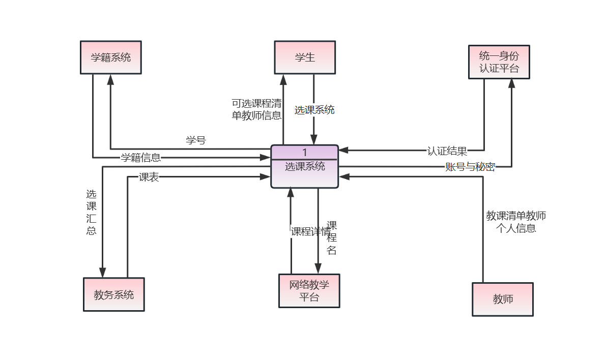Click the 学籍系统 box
click(x=110, y=57)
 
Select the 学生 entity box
click(x=305, y=57)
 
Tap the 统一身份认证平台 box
click(x=499, y=62)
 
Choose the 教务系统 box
click(x=114, y=294)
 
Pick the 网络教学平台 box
click(x=309, y=291)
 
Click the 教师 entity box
click(x=502, y=299)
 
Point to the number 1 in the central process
click(x=305, y=152)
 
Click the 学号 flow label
click(x=196, y=140)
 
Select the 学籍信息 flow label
click(x=141, y=158)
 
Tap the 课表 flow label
click(x=149, y=177)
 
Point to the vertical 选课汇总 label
click(x=91, y=212)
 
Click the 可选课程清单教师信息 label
click(x=256, y=109)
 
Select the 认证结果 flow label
click(x=447, y=151)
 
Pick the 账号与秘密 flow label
click(x=470, y=167)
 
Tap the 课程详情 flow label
click(x=310, y=231)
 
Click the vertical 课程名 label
click(x=332, y=237)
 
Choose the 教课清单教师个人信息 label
click(x=516, y=222)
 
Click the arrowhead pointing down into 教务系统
click(x=102, y=273)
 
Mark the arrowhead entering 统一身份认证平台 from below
click(x=511, y=84)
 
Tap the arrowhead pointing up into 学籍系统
click(x=110, y=79)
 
